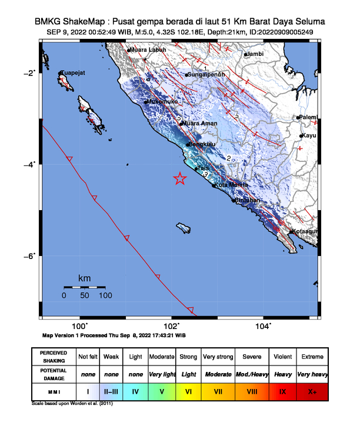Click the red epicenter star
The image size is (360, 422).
tap(180, 179)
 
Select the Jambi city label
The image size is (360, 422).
tap(255, 54)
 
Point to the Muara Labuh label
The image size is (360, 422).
tap(148, 50)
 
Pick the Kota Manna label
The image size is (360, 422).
tap(230, 185)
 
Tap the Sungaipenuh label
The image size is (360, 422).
tap(206, 75)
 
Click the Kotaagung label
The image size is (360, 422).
tap(305, 231)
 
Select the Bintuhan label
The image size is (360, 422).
tap(247, 201)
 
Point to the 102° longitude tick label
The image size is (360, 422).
tap(172, 326)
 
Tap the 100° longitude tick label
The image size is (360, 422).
tap(80, 326)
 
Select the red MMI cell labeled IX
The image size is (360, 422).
tap(282, 390)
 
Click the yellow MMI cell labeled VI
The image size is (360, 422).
tap(189, 390)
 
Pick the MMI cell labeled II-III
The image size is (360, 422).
tap(111, 390)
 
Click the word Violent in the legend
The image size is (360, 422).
tap(282, 357)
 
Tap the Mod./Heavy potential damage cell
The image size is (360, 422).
tap(251, 374)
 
